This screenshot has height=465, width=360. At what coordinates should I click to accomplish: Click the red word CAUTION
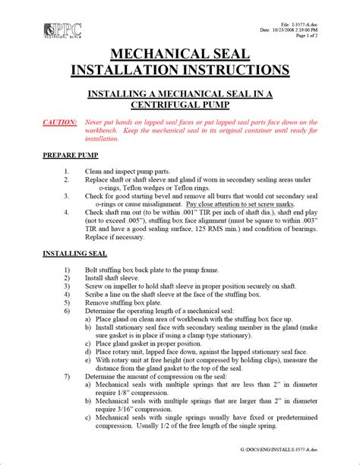(x=60, y=122)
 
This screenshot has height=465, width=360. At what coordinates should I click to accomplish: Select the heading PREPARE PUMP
(x=74, y=155)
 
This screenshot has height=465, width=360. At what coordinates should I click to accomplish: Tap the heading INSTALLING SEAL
(x=74, y=252)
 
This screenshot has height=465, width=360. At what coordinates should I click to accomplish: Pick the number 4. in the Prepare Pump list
(x=68, y=212)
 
